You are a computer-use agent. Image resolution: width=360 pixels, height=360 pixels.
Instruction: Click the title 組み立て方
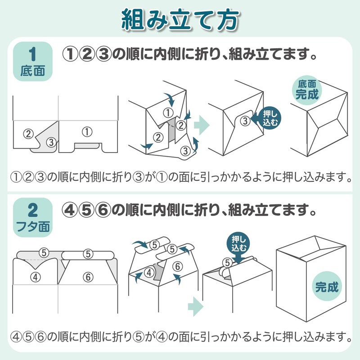click(x=180, y=20)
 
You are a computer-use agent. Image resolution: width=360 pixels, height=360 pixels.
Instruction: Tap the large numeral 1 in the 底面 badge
click(x=32, y=54)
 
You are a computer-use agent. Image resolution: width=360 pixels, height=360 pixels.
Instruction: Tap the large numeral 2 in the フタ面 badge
click(x=32, y=211)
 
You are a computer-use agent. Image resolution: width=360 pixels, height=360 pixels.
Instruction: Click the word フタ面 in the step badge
click(x=33, y=226)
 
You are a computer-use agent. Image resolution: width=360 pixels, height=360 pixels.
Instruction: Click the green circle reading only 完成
click(x=327, y=286)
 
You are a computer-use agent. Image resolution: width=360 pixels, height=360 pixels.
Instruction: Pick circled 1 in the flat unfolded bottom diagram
click(x=87, y=132)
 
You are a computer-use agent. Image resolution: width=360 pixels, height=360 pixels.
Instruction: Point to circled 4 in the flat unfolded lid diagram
click(x=36, y=277)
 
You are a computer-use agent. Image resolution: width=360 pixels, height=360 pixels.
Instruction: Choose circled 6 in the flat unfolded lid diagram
click(x=88, y=277)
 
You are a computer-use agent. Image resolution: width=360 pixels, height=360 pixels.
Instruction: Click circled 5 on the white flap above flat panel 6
click(x=88, y=254)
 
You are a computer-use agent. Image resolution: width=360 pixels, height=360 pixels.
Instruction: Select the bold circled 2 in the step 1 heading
click(x=87, y=54)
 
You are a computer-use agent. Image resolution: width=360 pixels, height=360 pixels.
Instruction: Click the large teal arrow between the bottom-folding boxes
click(x=202, y=126)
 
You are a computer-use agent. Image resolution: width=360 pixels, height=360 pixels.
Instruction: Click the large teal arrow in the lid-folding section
click(x=196, y=306)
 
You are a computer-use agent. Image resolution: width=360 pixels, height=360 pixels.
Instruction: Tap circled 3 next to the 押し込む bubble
click(x=245, y=121)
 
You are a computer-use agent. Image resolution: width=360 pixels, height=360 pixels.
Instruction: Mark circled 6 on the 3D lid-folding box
click(x=177, y=266)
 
